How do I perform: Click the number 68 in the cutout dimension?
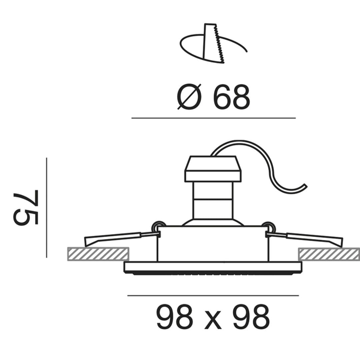231,97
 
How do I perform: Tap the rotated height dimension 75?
26,207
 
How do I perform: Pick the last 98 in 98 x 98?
251,318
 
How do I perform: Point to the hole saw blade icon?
212,43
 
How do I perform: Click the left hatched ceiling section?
98,254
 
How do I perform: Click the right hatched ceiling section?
329,254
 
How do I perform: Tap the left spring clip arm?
122,238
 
